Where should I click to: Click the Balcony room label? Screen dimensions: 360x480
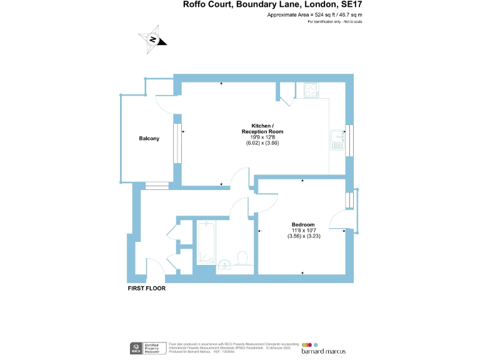pos(149,139)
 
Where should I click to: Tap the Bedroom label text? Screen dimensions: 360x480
pos(303,225)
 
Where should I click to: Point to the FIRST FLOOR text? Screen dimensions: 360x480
pos(146,289)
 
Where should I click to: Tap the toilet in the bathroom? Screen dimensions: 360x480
pos(242,257)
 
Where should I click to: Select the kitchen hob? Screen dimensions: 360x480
pos(311,91)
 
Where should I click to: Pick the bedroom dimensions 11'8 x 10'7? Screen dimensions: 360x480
pos(303,231)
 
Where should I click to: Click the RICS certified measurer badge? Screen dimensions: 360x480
pos(147,347)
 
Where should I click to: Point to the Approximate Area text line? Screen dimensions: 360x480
pos(314,14)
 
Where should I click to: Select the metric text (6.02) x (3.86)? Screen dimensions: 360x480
pos(262,143)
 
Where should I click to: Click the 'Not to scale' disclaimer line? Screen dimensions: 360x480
pos(335,22)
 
